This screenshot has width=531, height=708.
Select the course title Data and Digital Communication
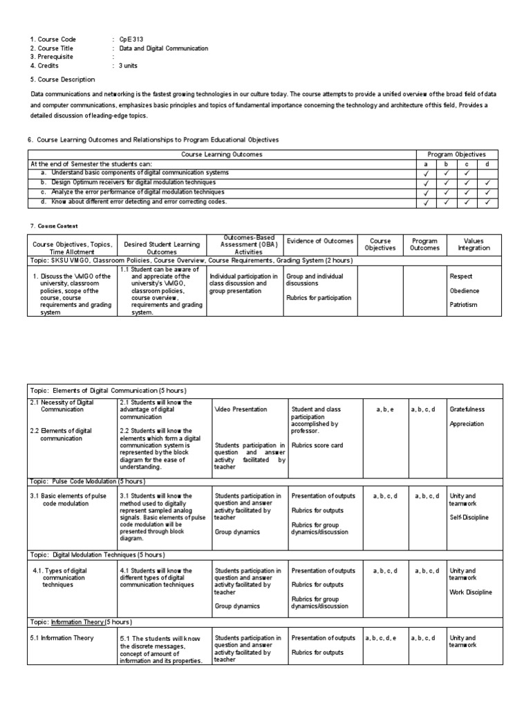click(163, 48)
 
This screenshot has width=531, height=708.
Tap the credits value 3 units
click(130, 66)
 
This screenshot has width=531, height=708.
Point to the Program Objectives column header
click(456, 154)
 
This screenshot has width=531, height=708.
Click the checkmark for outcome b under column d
click(487, 183)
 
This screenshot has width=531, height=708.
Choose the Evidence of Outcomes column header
click(320, 241)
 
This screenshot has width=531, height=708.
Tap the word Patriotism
click(463, 305)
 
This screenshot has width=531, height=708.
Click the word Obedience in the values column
click(464, 290)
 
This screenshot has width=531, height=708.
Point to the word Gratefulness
click(467, 409)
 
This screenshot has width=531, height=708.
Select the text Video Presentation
click(241, 409)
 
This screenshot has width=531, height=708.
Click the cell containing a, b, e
click(385, 409)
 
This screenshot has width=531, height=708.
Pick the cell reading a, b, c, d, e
click(381, 638)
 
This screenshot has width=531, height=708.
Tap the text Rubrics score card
click(317, 445)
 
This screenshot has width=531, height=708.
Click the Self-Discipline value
click(469, 517)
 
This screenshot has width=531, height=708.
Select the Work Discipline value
click(470, 593)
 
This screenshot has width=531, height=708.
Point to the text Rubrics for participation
click(319, 298)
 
